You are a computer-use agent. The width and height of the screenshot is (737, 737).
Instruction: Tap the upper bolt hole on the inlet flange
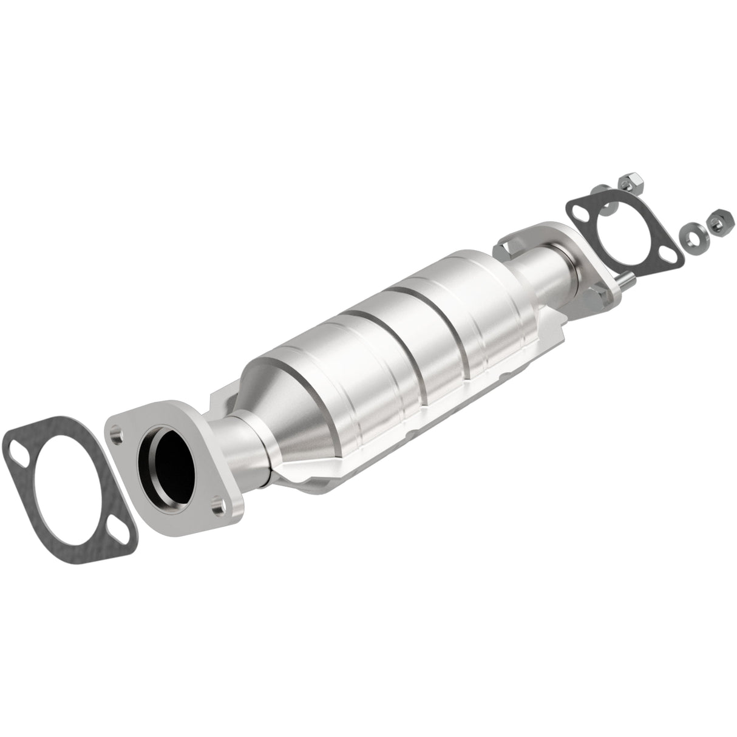pos(117,435)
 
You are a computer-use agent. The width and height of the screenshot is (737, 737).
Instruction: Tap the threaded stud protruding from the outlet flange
pos(627,280)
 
